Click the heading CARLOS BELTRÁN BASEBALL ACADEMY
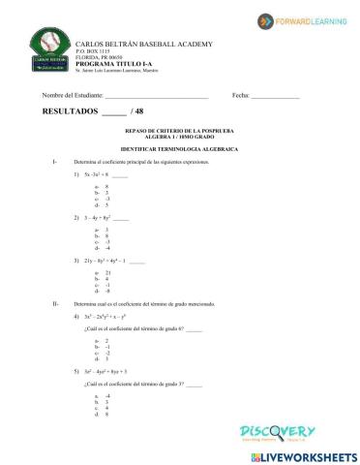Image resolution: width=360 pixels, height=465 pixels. [144, 46]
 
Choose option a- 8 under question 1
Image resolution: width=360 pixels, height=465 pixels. [101, 186]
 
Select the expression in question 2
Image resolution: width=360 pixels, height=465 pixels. [101, 219]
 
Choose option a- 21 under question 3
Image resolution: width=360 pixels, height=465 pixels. [103, 273]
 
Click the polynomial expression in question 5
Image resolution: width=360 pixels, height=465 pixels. [105, 371]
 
